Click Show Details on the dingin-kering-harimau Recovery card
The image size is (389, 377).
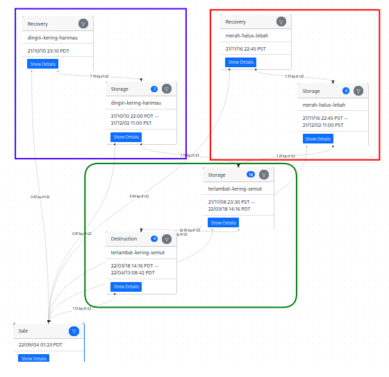(x=42, y=64)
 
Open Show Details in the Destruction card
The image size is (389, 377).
(x=126, y=286)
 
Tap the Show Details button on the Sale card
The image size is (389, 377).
(x=34, y=358)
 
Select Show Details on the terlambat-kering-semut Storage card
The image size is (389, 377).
(x=224, y=222)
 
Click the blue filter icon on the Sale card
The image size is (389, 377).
(x=74, y=331)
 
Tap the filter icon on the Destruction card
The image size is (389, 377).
(x=167, y=239)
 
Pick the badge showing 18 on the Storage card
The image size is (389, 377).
(x=251, y=175)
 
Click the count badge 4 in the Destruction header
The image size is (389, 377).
(x=154, y=239)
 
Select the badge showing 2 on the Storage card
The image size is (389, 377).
(x=154, y=89)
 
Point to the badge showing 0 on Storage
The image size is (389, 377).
(x=346, y=91)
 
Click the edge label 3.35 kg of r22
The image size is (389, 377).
(x=295, y=76)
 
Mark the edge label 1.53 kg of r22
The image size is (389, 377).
(x=81, y=308)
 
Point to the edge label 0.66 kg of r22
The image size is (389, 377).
(x=139, y=196)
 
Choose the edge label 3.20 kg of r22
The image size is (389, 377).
(x=285, y=156)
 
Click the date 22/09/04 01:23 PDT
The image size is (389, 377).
(x=40, y=344)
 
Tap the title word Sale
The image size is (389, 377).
(x=23, y=331)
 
